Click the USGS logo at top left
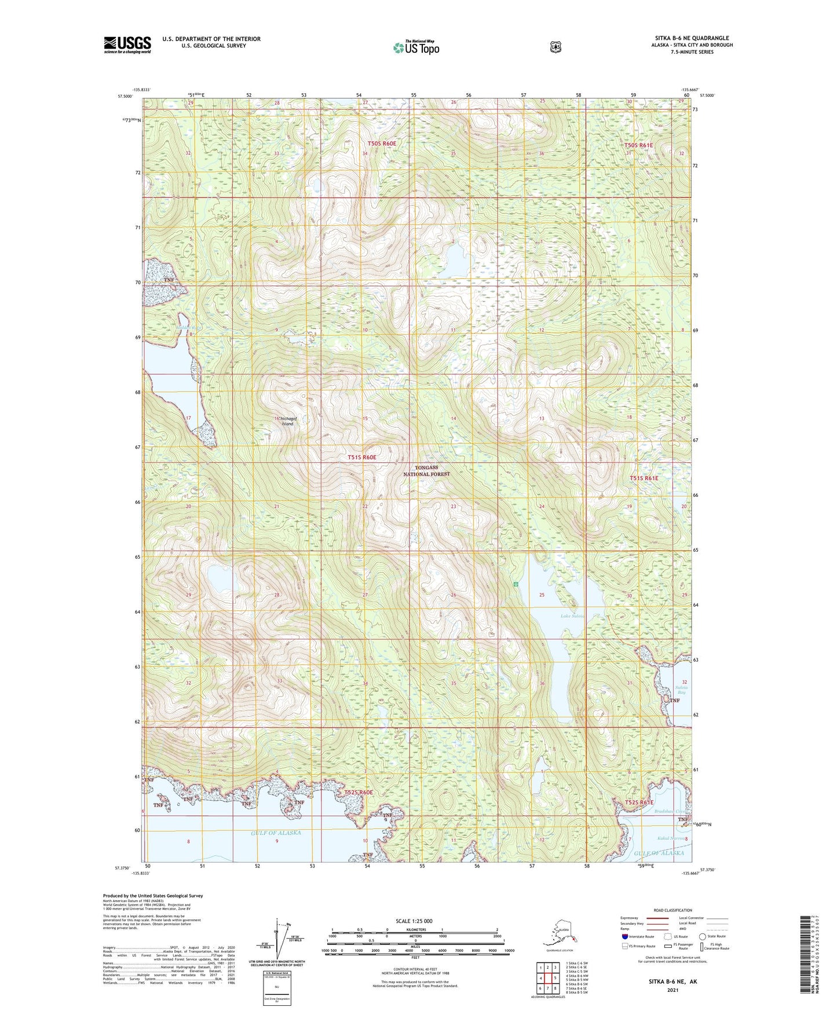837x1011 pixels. click(127, 45)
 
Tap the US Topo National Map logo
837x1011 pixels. click(416, 47)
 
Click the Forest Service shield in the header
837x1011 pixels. click(555, 47)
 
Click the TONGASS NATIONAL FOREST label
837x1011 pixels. click(426, 470)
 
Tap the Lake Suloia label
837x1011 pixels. click(572, 616)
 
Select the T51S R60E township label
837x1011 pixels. click(361, 457)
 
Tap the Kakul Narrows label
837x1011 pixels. click(671, 838)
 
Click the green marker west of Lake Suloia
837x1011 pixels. click(515, 584)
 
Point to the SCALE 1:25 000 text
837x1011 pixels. click(414, 921)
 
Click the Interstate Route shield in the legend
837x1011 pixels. click(624, 936)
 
